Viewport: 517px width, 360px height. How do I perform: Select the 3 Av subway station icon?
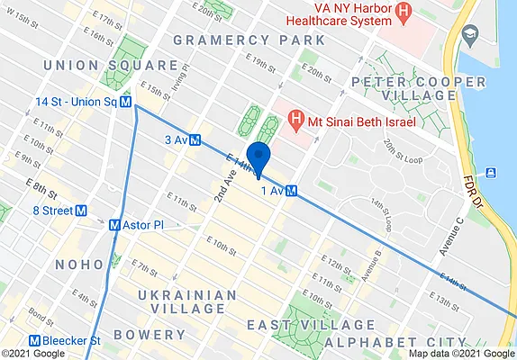[195, 139]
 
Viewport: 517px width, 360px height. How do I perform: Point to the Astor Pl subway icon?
[114, 225]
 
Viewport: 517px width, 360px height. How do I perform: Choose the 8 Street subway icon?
[82, 211]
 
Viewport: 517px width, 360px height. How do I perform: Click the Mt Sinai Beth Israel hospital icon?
[294, 117]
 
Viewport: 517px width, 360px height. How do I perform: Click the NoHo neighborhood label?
[80, 265]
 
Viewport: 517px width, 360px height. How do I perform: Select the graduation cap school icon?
[469, 34]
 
